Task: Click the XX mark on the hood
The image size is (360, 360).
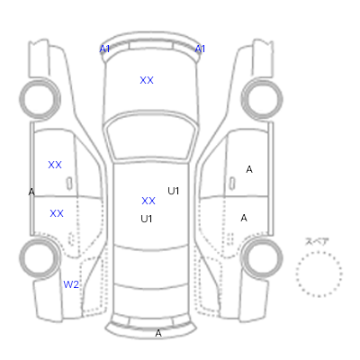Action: [x=147, y=80]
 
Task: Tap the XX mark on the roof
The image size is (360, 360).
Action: [x=148, y=201]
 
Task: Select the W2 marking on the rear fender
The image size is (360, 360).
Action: [x=71, y=284]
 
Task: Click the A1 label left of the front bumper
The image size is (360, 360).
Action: [x=104, y=49]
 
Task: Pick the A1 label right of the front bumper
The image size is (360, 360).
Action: [x=200, y=49]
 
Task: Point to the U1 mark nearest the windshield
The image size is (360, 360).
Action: [x=174, y=191]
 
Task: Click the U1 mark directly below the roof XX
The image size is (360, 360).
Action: [x=147, y=219]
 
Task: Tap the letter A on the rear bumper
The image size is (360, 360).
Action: [x=158, y=333]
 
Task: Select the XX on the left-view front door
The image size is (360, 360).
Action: [x=55, y=165]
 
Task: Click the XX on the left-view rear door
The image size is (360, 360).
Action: [x=57, y=213]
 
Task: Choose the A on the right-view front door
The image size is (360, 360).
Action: [x=249, y=169]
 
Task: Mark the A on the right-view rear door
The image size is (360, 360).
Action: [x=244, y=218]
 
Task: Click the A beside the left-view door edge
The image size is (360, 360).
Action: [x=31, y=192]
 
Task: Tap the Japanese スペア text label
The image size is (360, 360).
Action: [x=317, y=242]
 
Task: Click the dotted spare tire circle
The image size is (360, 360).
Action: [x=319, y=252]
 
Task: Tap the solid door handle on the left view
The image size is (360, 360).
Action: [x=69, y=184]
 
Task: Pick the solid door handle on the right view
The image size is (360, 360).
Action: [x=232, y=184]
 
